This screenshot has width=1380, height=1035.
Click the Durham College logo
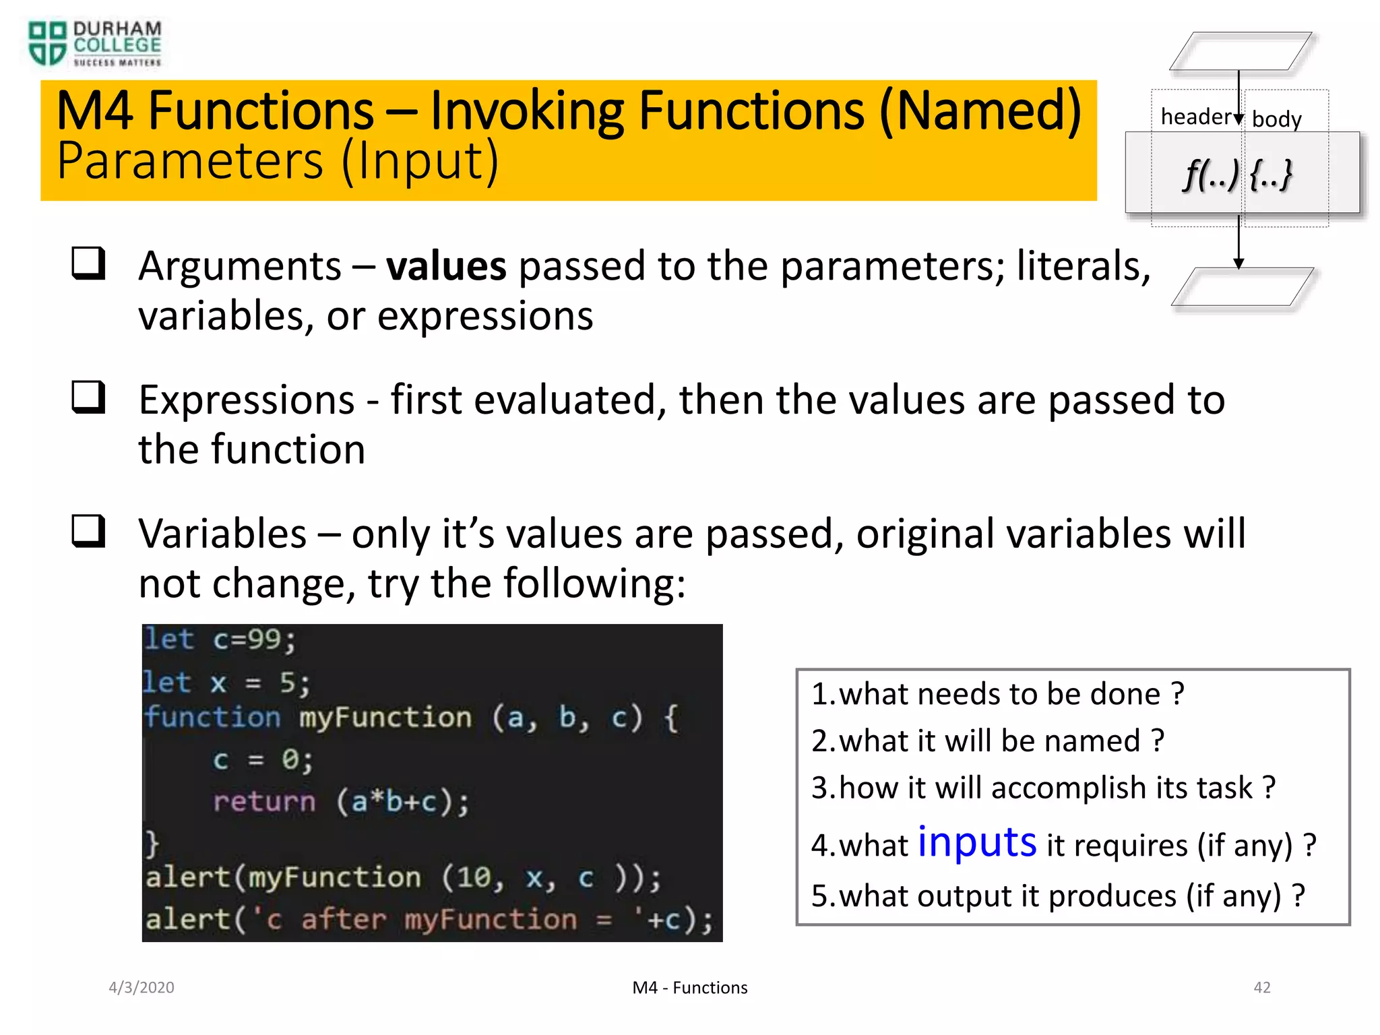pyautogui.click(x=94, y=44)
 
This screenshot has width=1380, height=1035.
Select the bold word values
pyautogui.click(x=445, y=266)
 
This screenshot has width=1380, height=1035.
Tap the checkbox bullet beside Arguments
pyautogui.click(x=89, y=263)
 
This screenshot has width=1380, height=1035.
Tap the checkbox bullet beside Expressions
pyautogui.click(x=89, y=397)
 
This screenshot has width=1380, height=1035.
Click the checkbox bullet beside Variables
pyautogui.click(x=89, y=531)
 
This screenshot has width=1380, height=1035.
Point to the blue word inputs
pyautogui.click(x=976, y=842)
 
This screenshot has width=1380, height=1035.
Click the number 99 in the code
pyautogui.click(x=263, y=639)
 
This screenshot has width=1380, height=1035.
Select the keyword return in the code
pyautogui.click(x=264, y=801)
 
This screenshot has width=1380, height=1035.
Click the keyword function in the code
pyautogui.click(x=212, y=717)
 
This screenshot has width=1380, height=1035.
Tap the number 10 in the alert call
pyautogui.click(x=474, y=877)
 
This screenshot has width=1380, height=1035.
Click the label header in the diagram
pyautogui.click(x=1195, y=117)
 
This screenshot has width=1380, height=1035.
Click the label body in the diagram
pyautogui.click(x=1276, y=119)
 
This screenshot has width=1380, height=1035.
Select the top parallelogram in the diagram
pyautogui.click(x=1241, y=51)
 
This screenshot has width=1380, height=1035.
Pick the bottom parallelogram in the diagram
pyautogui.click(x=1242, y=287)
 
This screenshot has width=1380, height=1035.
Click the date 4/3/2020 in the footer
pyautogui.click(x=142, y=987)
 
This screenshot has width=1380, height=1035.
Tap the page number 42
pyautogui.click(x=1261, y=987)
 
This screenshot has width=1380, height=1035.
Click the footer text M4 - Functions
pyautogui.click(x=689, y=988)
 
